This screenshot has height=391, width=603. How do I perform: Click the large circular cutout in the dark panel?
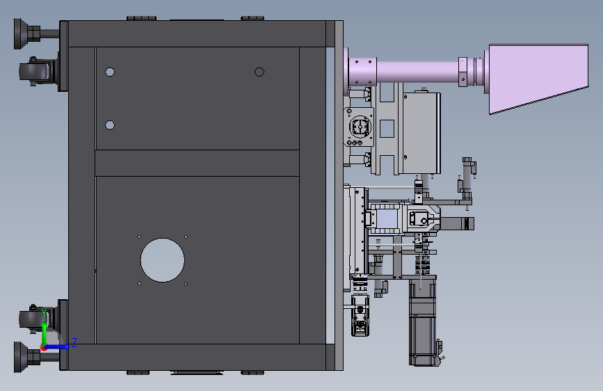[x=162, y=260]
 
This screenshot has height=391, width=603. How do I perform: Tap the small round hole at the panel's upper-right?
[x=259, y=72]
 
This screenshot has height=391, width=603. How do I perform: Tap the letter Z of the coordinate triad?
[x=74, y=342]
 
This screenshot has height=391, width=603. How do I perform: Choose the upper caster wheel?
[x=34, y=71]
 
